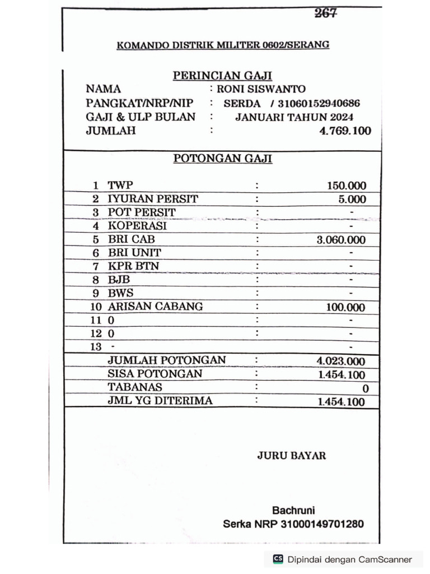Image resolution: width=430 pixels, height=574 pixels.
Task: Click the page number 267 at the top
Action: point(325,13)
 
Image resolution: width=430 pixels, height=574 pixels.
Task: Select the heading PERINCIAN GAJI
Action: point(222,76)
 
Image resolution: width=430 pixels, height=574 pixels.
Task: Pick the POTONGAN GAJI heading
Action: point(222,159)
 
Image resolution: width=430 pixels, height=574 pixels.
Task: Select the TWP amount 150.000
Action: point(347,186)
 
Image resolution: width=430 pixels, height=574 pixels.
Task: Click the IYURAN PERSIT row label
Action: point(153,199)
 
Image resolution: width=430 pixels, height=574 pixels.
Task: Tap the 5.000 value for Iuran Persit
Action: point(352,200)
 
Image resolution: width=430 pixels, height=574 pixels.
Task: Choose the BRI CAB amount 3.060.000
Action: point(341,240)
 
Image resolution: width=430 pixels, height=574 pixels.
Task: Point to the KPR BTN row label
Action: point(133,266)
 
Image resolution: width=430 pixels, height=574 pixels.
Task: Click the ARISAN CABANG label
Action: point(155,307)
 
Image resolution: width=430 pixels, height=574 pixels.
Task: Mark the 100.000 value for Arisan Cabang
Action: point(345,307)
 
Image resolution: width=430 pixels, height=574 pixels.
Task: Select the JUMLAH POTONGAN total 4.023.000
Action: point(341,362)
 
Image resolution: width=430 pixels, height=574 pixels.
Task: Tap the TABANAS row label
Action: point(135,387)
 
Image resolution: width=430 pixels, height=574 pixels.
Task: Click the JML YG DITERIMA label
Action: point(160,401)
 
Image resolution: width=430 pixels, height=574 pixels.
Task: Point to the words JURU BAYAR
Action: point(291,456)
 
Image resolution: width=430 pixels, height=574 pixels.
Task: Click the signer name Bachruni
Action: point(293,510)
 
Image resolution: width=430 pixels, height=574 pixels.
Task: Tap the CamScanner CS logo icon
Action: point(278,559)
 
